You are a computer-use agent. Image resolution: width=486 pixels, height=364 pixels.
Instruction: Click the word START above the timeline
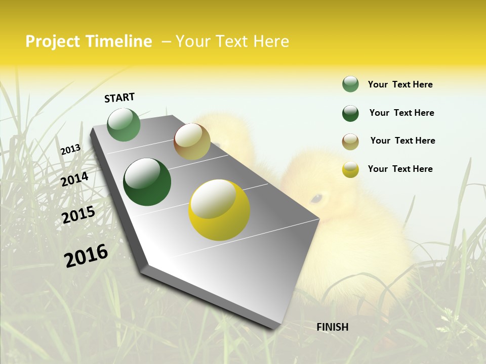[119, 98]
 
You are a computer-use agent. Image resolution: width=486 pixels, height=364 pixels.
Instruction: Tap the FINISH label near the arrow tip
[333, 327]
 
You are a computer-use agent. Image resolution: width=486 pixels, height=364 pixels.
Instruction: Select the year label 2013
[70, 150]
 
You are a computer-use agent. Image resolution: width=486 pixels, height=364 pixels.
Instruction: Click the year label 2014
[75, 179]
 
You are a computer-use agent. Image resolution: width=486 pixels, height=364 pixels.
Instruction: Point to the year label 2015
[78, 215]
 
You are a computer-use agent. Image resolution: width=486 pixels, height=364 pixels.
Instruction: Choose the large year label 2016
[86, 256]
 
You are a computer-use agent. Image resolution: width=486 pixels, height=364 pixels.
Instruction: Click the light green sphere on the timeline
[124, 125]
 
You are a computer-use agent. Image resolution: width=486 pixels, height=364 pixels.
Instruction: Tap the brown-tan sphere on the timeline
[192, 142]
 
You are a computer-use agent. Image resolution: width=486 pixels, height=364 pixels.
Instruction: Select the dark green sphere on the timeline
[147, 182]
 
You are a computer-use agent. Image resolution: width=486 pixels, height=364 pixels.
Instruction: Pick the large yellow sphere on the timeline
[219, 210]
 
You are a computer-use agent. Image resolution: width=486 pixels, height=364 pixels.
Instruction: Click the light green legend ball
[350, 84]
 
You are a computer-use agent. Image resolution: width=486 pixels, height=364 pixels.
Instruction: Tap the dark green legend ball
[350, 113]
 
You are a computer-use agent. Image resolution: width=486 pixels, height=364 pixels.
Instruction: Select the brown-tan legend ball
[350, 142]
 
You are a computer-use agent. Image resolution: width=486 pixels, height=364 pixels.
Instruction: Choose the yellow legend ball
[350, 169]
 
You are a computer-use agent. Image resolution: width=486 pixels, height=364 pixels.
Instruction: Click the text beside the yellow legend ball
[400, 169]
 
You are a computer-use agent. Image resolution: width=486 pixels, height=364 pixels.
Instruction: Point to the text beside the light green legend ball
[400, 84]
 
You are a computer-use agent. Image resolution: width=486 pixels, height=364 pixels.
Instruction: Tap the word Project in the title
[52, 41]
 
